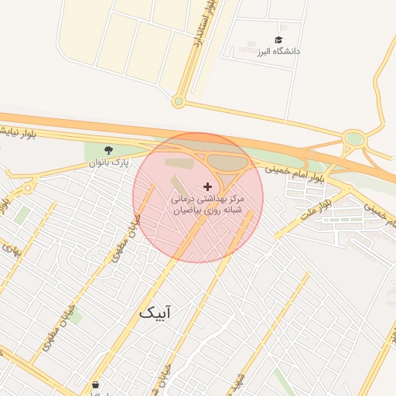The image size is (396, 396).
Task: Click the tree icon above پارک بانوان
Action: (108, 149)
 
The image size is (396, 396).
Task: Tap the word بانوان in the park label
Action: (101, 163)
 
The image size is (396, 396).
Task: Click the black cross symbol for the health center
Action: (207, 186)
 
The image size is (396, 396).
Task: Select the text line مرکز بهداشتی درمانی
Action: (207, 199)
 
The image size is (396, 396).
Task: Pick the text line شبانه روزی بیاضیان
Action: (207, 210)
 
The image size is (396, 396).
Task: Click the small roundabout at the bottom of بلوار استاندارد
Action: (179, 101)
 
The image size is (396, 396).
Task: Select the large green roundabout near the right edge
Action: (354, 139)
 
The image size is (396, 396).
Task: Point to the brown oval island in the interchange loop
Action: (226, 162)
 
